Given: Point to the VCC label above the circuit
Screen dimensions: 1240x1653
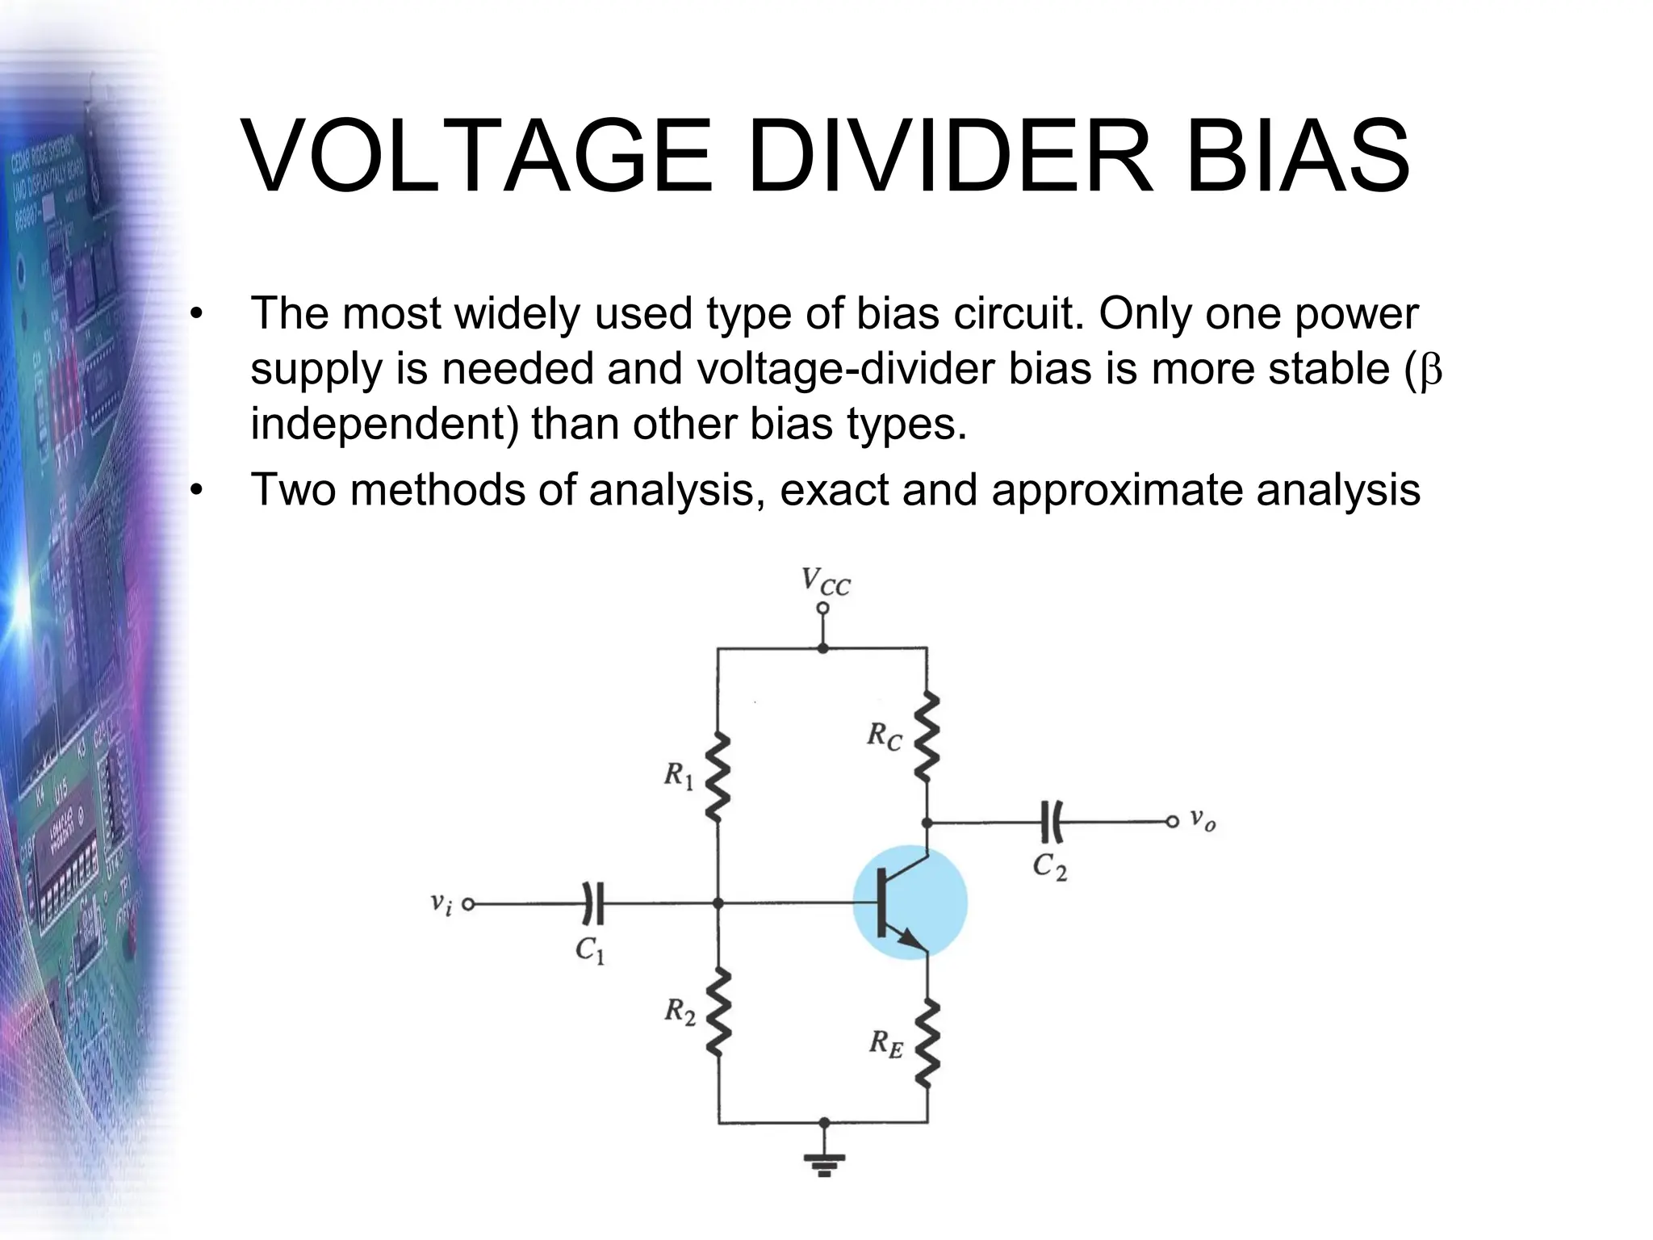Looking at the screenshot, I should coord(825,581).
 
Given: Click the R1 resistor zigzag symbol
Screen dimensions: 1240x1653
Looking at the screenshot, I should coord(718,777).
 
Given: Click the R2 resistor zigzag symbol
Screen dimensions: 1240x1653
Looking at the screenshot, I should coord(718,1013).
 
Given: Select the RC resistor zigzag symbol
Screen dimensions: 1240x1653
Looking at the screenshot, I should coord(927,735).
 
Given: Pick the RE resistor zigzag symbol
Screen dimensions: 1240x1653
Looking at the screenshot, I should coord(927,1042).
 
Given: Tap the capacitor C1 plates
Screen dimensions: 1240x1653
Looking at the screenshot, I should coord(593,903).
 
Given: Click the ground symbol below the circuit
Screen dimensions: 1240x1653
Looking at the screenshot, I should coord(823,1162).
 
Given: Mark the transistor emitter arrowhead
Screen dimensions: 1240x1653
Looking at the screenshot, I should coord(912,940).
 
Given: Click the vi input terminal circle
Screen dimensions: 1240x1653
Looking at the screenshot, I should coord(467,903).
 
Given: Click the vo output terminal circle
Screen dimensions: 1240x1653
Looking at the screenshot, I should coord(1172,822).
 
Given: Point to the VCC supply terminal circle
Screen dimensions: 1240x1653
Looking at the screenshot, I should coord(822,608).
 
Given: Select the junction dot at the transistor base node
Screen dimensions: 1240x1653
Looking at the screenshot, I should coord(718,903).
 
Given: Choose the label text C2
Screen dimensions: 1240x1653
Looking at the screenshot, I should coord(1050,866).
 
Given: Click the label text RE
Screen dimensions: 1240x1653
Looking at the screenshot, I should coord(885,1044).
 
